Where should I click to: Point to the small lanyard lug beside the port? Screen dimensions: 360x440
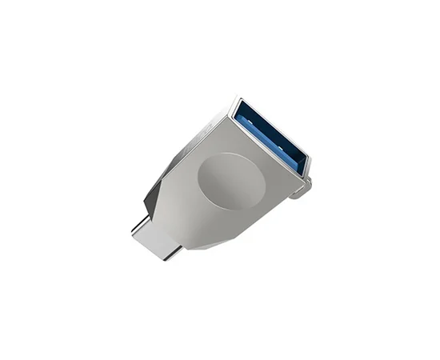point(302,190)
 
